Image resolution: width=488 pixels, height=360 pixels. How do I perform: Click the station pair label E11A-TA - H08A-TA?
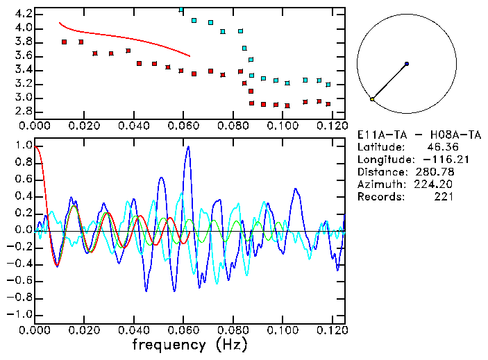[x=406, y=135]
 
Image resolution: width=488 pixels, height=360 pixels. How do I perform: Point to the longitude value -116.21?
[x=434, y=160]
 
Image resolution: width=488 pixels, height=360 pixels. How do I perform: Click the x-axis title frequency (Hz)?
[x=189, y=344]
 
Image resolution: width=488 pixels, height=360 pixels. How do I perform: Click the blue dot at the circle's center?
[x=406, y=64]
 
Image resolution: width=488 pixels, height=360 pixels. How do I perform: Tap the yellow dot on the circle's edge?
[x=372, y=99]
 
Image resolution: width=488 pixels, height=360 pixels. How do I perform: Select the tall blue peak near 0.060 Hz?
[x=187, y=147]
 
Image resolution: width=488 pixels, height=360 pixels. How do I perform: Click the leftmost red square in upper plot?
[x=64, y=42]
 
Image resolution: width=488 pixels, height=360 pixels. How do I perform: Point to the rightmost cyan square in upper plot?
[x=328, y=85]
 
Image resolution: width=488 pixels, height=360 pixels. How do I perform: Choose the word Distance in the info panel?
[x=380, y=172]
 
